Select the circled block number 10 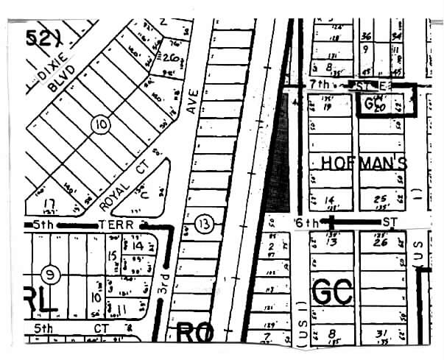pyautogui.click(x=101, y=125)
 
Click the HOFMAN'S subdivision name pyautogui.click(x=362, y=163)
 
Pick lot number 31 pyautogui.click(x=380, y=335)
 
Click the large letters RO pyautogui.click(x=195, y=333)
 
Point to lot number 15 pyautogui.click(x=113, y=255)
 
